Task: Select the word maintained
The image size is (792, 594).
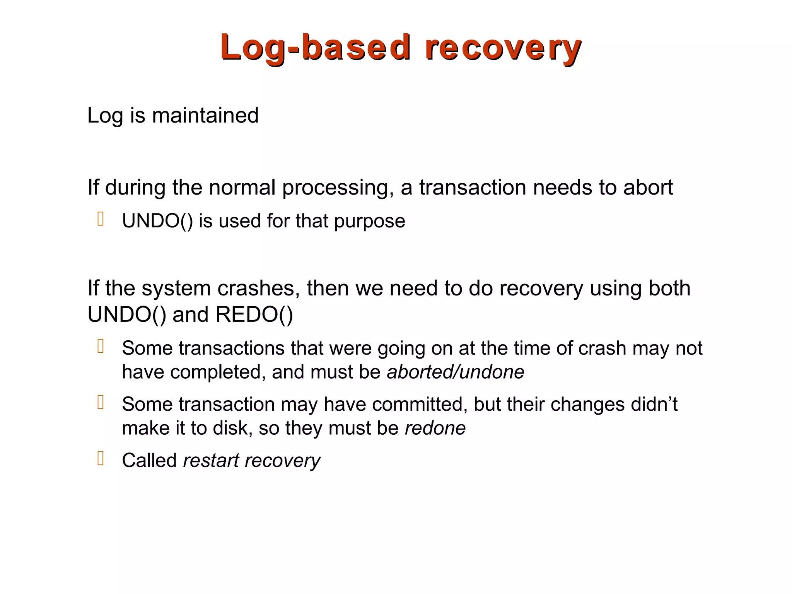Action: [x=205, y=115]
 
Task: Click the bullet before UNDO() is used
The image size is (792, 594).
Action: [x=101, y=219]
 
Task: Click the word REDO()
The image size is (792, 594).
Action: [x=254, y=314]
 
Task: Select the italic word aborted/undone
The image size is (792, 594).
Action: [x=455, y=372]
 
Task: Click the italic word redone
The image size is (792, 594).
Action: [x=435, y=428]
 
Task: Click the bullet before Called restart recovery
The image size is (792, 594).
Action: [x=101, y=459]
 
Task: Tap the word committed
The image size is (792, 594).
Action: [x=417, y=405]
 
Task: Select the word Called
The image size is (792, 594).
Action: [x=149, y=461]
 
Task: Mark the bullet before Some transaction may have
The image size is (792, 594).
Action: [x=101, y=403]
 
